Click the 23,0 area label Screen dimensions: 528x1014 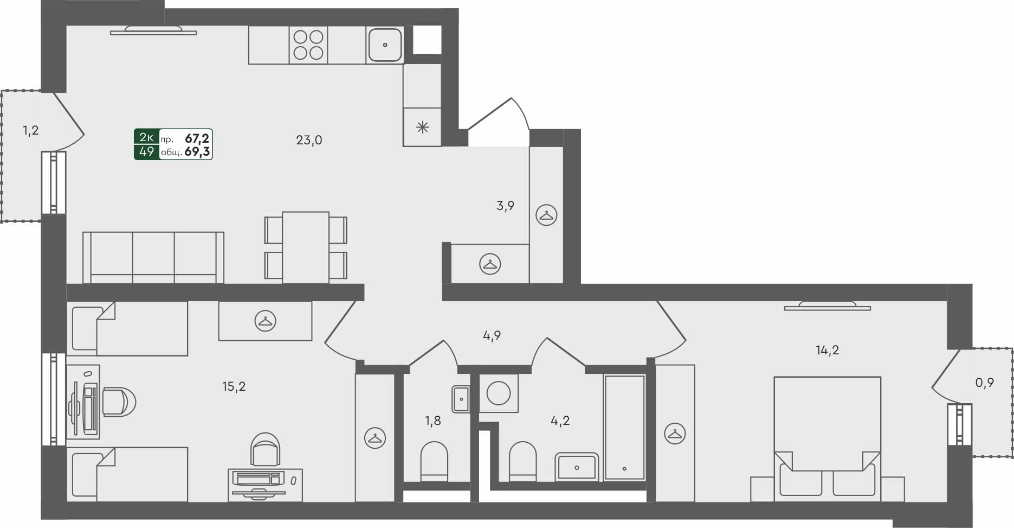pyautogui.click(x=309, y=140)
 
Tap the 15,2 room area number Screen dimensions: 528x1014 pyautogui.click(x=234, y=386)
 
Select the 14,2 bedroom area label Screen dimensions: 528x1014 pyautogui.click(x=827, y=350)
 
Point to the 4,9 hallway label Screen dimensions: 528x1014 pyautogui.click(x=492, y=335)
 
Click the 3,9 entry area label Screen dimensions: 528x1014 pyautogui.click(x=505, y=206)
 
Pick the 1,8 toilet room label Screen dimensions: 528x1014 pyautogui.click(x=432, y=421)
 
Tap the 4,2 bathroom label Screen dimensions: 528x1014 pyautogui.click(x=560, y=421)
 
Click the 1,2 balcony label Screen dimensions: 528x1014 pyautogui.click(x=30, y=130)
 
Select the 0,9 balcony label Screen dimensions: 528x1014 pyautogui.click(x=984, y=383)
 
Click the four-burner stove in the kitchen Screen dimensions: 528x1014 pyautogui.click(x=308, y=44)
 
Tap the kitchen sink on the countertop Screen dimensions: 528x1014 pyautogui.click(x=385, y=44)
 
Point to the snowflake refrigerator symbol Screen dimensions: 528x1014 pyautogui.click(x=422, y=128)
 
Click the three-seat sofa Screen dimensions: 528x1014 pyautogui.click(x=153, y=257)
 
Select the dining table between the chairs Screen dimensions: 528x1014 pyautogui.click(x=306, y=247)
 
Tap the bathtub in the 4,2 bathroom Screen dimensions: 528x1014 pyautogui.click(x=624, y=427)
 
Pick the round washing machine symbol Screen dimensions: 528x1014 pyautogui.click(x=499, y=393)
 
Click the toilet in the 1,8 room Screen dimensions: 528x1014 pyautogui.click(x=434, y=461)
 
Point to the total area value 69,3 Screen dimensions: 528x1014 pyautogui.click(x=197, y=152)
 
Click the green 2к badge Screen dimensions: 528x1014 pyautogui.click(x=146, y=137)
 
